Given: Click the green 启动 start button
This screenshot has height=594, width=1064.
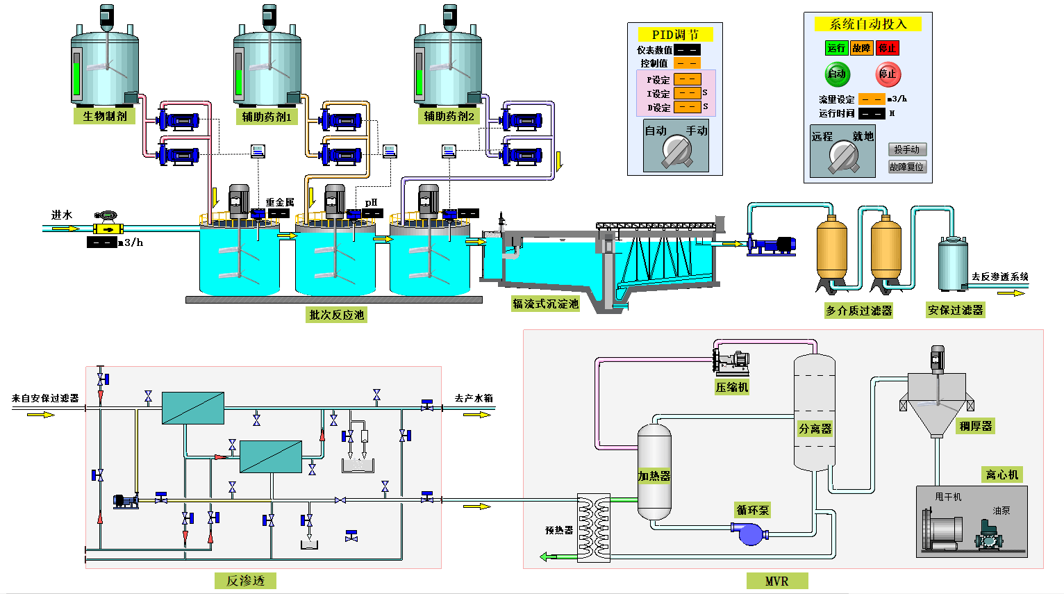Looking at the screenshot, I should click(837, 74).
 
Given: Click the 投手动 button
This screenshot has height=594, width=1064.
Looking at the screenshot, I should click(907, 149).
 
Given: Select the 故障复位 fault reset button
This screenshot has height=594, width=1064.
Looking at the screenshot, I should click(907, 167).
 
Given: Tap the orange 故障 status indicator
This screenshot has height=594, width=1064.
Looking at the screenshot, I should click(861, 48).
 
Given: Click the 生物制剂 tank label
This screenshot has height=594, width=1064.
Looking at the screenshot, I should click(105, 116).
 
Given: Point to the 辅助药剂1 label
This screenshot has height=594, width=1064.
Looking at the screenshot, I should click(267, 117).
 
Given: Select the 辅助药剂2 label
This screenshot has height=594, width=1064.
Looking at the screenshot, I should click(449, 116).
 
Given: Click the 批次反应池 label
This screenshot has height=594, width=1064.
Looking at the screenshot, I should click(336, 315).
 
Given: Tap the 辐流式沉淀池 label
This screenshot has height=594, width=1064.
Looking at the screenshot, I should click(545, 304).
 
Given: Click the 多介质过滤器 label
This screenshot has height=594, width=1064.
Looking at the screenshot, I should click(858, 311).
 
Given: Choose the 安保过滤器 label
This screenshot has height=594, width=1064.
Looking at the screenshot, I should click(956, 310).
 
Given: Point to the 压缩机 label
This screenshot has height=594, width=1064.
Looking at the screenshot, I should click(732, 387).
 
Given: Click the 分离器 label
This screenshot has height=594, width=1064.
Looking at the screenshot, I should click(815, 429).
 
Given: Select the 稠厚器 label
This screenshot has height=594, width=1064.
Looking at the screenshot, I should click(976, 426).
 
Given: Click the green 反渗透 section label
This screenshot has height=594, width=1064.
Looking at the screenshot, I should click(245, 581).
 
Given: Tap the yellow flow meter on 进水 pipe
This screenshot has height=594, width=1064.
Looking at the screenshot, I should click(108, 229).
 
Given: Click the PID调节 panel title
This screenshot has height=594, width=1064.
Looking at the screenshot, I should click(675, 34).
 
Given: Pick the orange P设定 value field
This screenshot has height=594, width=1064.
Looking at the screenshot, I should click(687, 79).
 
